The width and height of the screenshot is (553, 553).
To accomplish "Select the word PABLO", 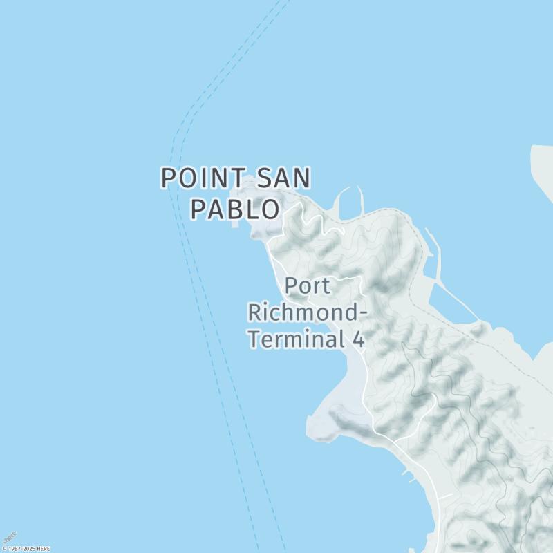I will [x=236, y=209].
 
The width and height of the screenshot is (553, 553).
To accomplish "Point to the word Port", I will [x=308, y=286].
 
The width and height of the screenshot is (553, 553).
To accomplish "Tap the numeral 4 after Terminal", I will [x=358, y=339].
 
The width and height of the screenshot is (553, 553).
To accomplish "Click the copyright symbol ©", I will [x=4, y=549].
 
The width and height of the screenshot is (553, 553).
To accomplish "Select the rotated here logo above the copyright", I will [x=10, y=537].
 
